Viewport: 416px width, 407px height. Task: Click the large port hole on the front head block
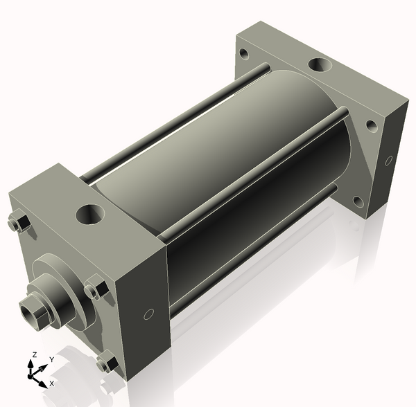[89, 214]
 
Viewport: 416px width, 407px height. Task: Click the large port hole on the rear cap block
[320, 65]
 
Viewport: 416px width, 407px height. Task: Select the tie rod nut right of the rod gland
[96, 287]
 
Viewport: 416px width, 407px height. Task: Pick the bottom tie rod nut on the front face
[107, 361]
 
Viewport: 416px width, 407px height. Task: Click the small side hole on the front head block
[148, 314]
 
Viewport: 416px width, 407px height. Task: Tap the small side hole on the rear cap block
[389, 161]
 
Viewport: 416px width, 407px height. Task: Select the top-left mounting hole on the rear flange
[244, 53]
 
